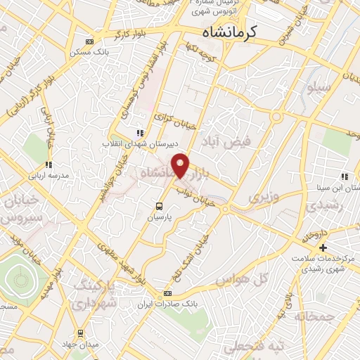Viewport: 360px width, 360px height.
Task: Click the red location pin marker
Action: [182, 165]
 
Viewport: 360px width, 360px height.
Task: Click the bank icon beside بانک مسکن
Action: [87, 41]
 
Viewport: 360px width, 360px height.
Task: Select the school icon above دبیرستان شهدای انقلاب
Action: [140, 132]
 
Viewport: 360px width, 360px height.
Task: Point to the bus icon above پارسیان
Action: [160, 206]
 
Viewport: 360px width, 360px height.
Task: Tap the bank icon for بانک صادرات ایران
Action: [167, 293]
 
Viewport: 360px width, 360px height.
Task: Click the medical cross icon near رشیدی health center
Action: [323, 247]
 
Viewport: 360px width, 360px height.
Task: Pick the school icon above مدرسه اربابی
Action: [49, 165]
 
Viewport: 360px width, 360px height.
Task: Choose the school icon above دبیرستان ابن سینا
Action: [344, 176]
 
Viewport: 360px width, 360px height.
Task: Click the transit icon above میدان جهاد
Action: [81, 333]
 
